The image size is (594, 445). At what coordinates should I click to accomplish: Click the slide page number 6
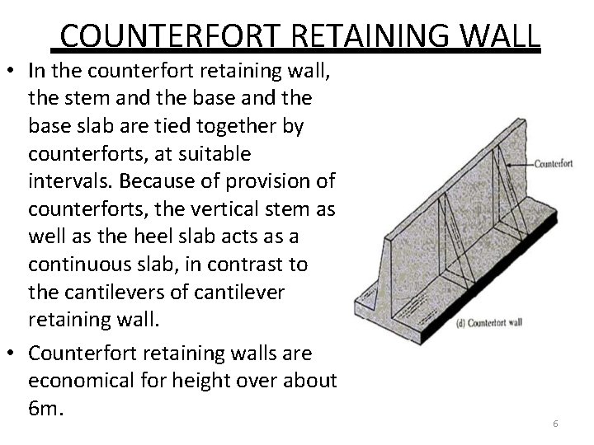(555, 423)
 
